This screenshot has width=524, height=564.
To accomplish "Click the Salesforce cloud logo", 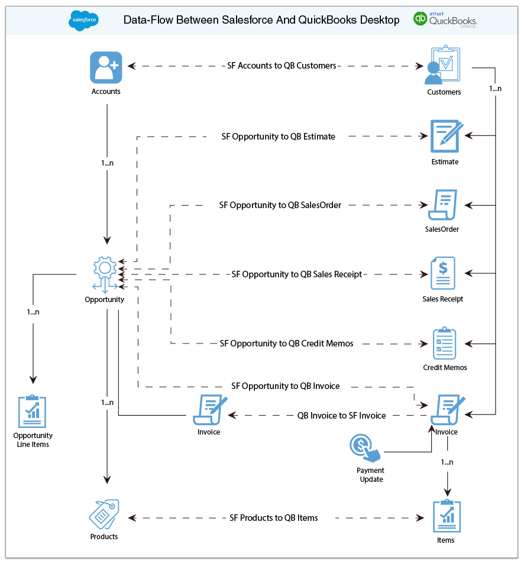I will click(x=83, y=21).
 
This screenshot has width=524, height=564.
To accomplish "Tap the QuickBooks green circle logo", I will click(x=421, y=19).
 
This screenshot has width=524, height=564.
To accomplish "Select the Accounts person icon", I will click(x=106, y=67).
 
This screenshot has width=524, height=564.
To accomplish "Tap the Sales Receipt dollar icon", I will click(x=443, y=274).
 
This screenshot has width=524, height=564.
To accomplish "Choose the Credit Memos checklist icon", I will click(x=444, y=343).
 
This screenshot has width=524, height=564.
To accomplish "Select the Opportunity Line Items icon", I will click(x=33, y=411).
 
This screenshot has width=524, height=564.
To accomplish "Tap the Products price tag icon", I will click(x=104, y=514).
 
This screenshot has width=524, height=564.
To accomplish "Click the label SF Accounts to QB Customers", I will click(x=282, y=66).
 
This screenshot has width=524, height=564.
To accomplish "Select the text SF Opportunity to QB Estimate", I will click(x=278, y=137).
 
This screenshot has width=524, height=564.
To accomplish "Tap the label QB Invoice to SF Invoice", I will click(x=341, y=416).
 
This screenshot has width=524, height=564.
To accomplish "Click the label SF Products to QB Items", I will click(x=274, y=518).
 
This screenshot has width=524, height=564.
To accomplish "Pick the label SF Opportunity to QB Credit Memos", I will click(x=286, y=343).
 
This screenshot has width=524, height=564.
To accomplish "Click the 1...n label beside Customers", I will click(x=495, y=89).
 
